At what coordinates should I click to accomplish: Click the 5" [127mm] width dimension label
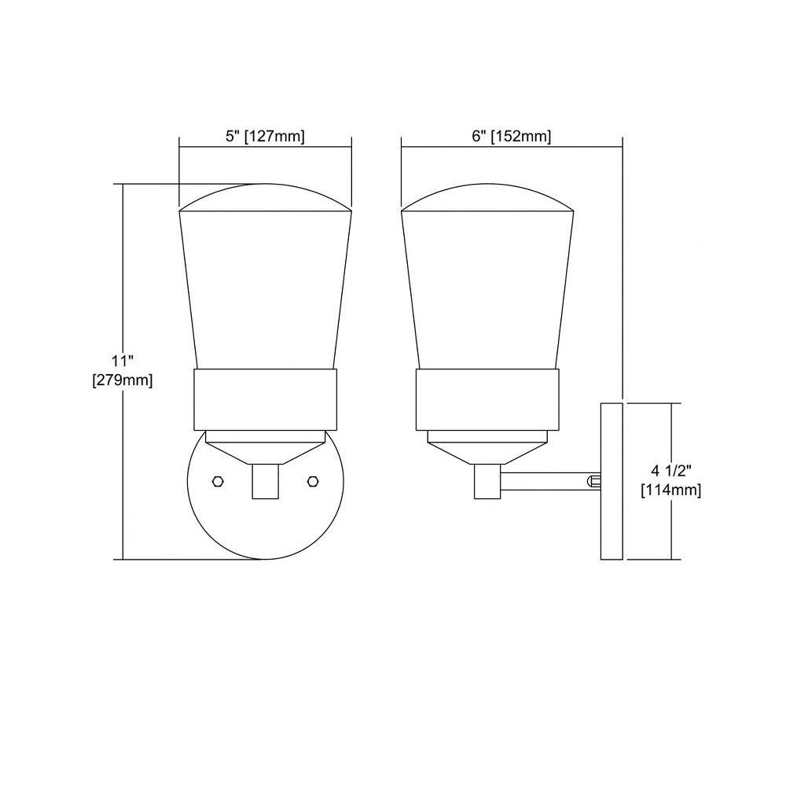point(265,136)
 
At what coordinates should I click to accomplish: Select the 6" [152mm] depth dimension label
point(512,136)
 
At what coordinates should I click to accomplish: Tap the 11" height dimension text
point(123,361)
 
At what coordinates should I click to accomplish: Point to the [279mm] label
point(123,380)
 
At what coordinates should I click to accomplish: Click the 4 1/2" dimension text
point(670,470)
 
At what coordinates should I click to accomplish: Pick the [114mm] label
point(670,490)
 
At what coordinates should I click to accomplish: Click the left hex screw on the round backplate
point(218,481)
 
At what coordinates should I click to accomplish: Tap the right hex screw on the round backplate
point(313,481)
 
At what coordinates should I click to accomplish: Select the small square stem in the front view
point(265,481)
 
